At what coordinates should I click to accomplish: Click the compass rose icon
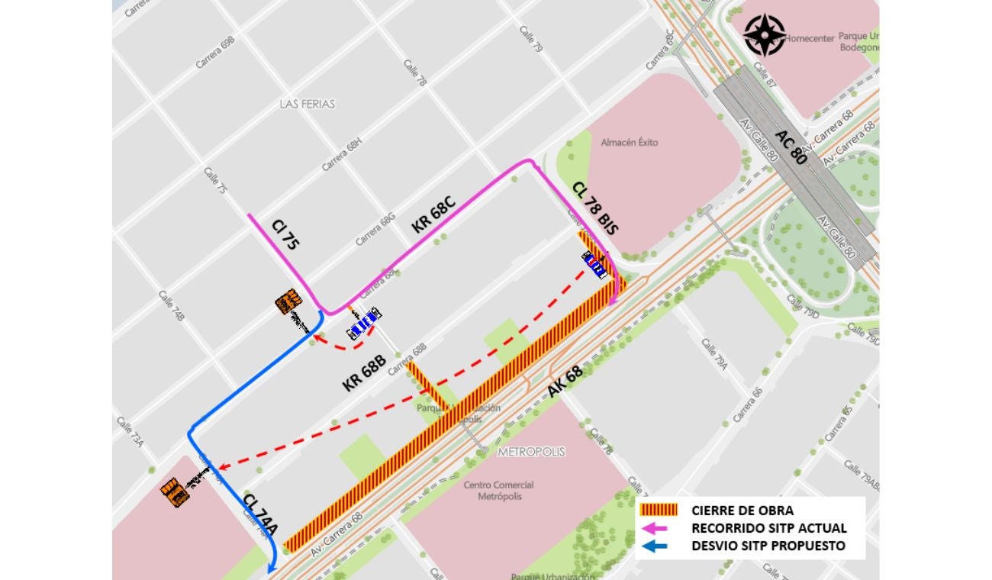click(x=764, y=35)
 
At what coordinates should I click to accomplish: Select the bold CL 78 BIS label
click(x=594, y=207)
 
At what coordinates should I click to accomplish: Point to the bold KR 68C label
click(x=433, y=215)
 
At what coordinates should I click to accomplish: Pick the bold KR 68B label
click(x=364, y=373)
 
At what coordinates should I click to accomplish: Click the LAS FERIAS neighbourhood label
click(x=307, y=104)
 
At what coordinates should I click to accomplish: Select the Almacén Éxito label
click(x=629, y=143)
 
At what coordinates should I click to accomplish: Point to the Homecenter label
click(x=811, y=38)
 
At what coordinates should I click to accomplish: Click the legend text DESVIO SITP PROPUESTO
click(x=768, y=546)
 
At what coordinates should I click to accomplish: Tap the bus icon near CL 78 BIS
click(x=595, y=264)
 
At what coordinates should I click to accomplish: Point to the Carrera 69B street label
click(x=214, y=53)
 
